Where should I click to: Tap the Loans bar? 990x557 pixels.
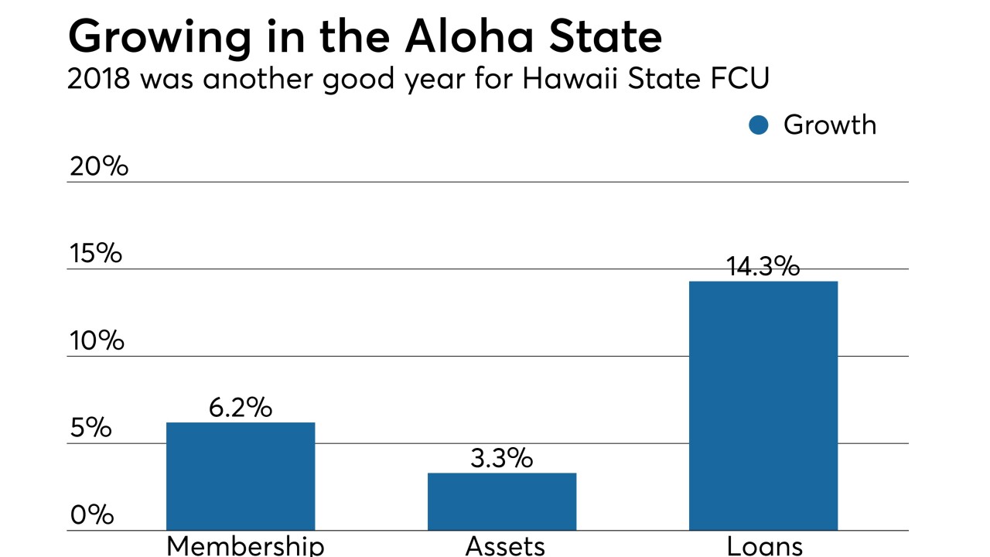pyautogui.click(x=763, y=405)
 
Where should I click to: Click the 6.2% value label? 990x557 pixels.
pyautogui.click(x=241, y=408)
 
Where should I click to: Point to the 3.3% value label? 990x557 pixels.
pyautogui.click(x=501, y=458)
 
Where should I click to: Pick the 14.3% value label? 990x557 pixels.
pyautogui.click(x=763, y=267)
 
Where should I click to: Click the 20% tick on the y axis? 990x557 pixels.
pyautogui.click(x=98, y=166)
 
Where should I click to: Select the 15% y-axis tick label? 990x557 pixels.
pyautogui.click(x=95, y=253)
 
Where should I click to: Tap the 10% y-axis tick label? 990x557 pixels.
pyautogui.click(x=96, y=340)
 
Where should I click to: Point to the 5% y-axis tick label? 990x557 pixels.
pyautogui.click(x=91, y=428)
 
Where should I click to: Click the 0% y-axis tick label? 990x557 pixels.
pyautogui.click(x=91, y=515)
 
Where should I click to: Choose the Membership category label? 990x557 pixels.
pyautogui.click(x=245, y=545)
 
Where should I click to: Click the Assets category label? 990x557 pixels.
pyautogui.click(x=505, y=545)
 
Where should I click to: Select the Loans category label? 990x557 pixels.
pyautogui.click(x=764, y=545)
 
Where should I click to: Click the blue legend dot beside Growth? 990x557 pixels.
pyautogui.click(x=759, y=125)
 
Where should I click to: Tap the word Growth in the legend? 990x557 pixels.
pyautogui.click(x=829, y=125)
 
